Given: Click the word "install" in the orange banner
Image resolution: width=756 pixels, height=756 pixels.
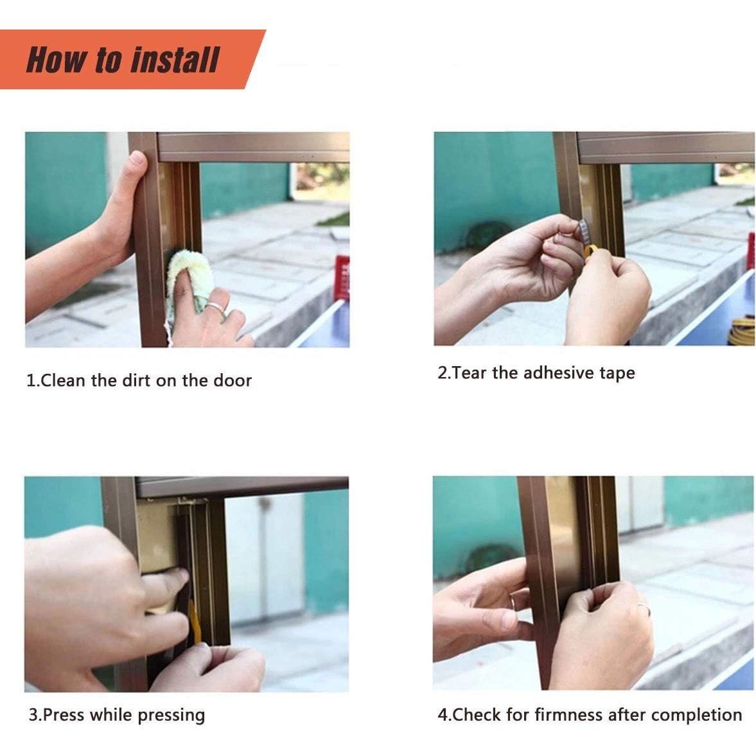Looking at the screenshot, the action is [x=175, y=60].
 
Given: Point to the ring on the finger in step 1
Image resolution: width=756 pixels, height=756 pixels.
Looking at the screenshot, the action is [x=216, y=308].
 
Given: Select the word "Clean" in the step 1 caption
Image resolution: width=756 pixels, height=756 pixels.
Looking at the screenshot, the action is [x=63, y=380].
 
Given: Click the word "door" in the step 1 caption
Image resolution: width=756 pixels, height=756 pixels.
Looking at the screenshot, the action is [x=233, y=380].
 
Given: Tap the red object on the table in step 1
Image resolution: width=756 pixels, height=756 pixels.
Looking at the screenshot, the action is [x=342, y=277].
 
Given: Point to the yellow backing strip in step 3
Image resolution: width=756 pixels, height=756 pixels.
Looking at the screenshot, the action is [x=194, y=621].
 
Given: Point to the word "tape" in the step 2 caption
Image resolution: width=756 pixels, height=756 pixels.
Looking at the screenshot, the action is [x=617, y=374].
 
